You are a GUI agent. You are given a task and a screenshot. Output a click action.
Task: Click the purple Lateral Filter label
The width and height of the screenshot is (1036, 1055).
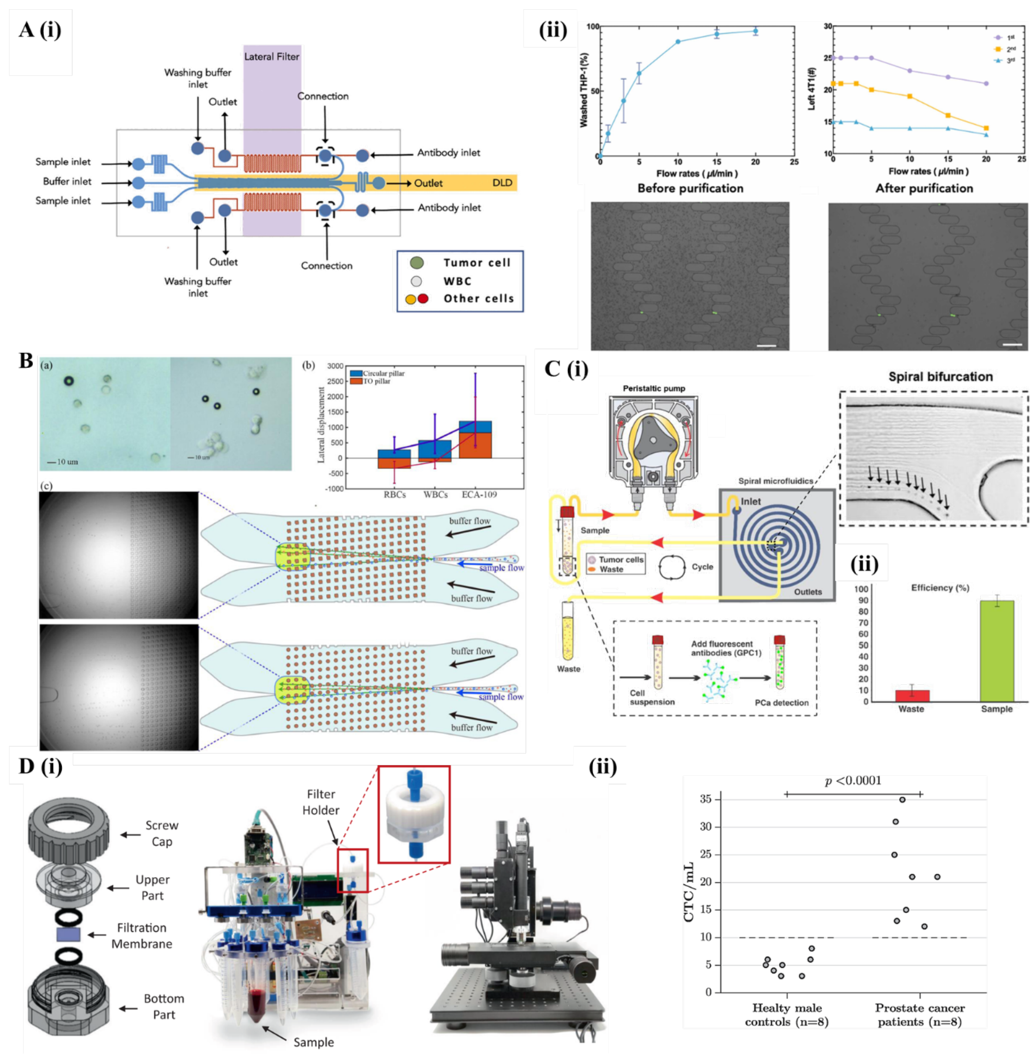coord(272,57)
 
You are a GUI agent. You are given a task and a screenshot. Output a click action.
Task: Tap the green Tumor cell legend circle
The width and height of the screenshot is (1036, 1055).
coord(417,263)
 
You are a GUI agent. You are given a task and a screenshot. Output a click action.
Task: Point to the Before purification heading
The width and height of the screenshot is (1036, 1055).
coord(690,188)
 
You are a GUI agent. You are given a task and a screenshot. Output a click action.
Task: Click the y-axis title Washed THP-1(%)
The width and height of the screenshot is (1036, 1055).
coord(584,91)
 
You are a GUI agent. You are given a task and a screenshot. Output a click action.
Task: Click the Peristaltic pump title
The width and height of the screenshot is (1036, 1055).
coord(654,388)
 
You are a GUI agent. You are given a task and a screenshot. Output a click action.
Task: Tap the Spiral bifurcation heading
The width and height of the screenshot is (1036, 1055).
coord(940,376)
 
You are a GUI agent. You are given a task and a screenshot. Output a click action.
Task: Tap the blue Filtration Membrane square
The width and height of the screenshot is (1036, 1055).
coord(68,935)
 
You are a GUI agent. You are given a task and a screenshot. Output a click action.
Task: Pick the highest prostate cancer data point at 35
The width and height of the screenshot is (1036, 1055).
coord(902,799)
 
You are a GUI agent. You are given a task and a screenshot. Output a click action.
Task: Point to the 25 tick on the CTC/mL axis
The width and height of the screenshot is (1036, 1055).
coord(706,855)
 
